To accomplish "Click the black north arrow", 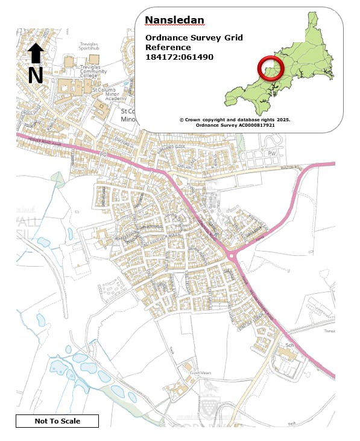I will click(36, 54).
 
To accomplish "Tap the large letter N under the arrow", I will click(36, 75).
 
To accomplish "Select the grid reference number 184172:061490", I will click(179, 57).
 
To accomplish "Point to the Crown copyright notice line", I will click(235, 119).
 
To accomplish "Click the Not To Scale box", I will click(57, 421).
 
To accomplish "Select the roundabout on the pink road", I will click(232, 256).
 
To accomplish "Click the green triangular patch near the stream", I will click(58, 179).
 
